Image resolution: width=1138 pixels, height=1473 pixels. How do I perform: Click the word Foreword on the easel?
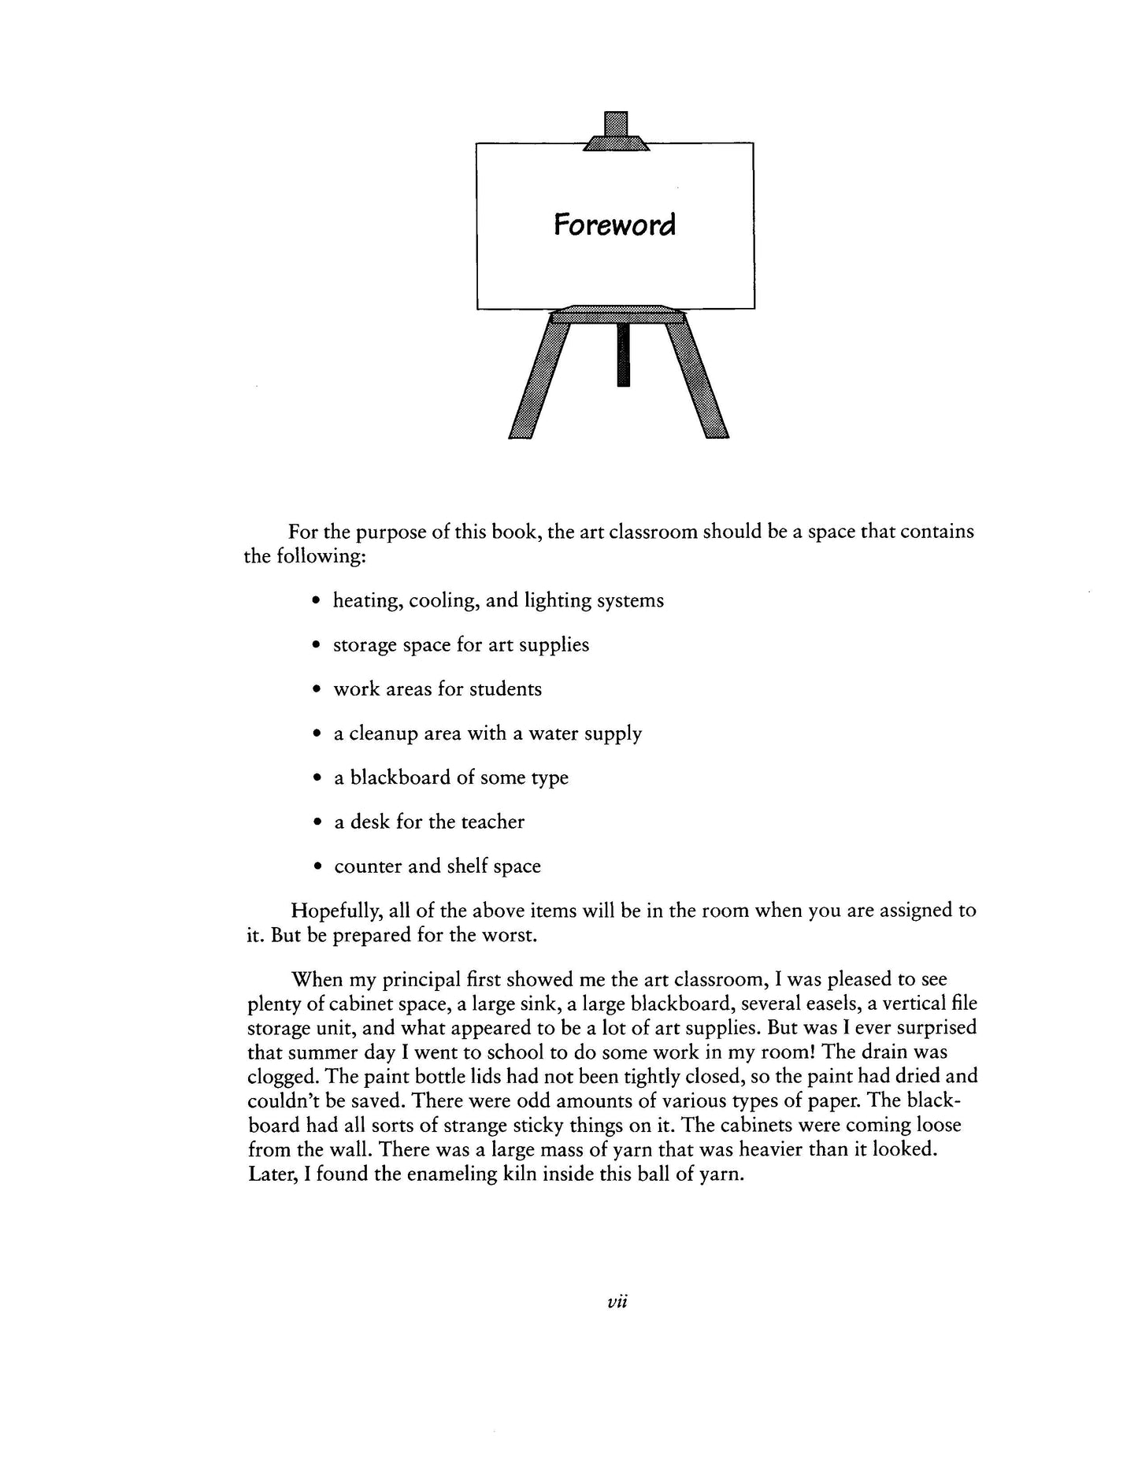(x=614, y=225)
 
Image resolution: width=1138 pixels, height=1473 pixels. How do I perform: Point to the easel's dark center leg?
(x=624, y=354)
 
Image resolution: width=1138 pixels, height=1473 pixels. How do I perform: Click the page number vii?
(x=617, y=1303)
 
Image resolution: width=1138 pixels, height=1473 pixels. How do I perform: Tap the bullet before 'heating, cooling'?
(x=316, y=602)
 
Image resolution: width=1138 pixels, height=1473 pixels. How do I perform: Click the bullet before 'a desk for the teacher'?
(x=316, y=823)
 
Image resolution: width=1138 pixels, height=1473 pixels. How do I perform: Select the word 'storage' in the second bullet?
(x=364, y=645)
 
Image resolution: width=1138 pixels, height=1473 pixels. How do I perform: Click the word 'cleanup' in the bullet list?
(x=383, y=734)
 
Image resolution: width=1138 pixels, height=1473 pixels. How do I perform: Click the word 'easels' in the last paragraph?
(x=791, y=1004)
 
